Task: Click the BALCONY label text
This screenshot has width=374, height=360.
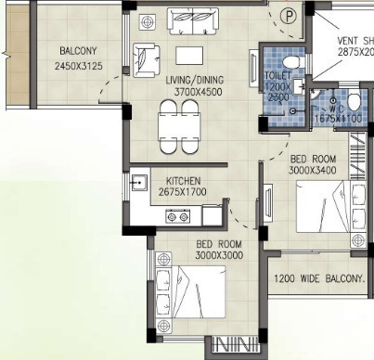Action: click(x=79, y=51)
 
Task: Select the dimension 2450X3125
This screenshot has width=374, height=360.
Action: click(x=79, y=67)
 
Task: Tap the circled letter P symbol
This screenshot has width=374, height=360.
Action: click(x=289, y=16)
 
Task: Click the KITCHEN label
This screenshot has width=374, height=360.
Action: click(x=185, y=181)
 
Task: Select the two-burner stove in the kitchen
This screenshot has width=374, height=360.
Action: click(x=177, y=216)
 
